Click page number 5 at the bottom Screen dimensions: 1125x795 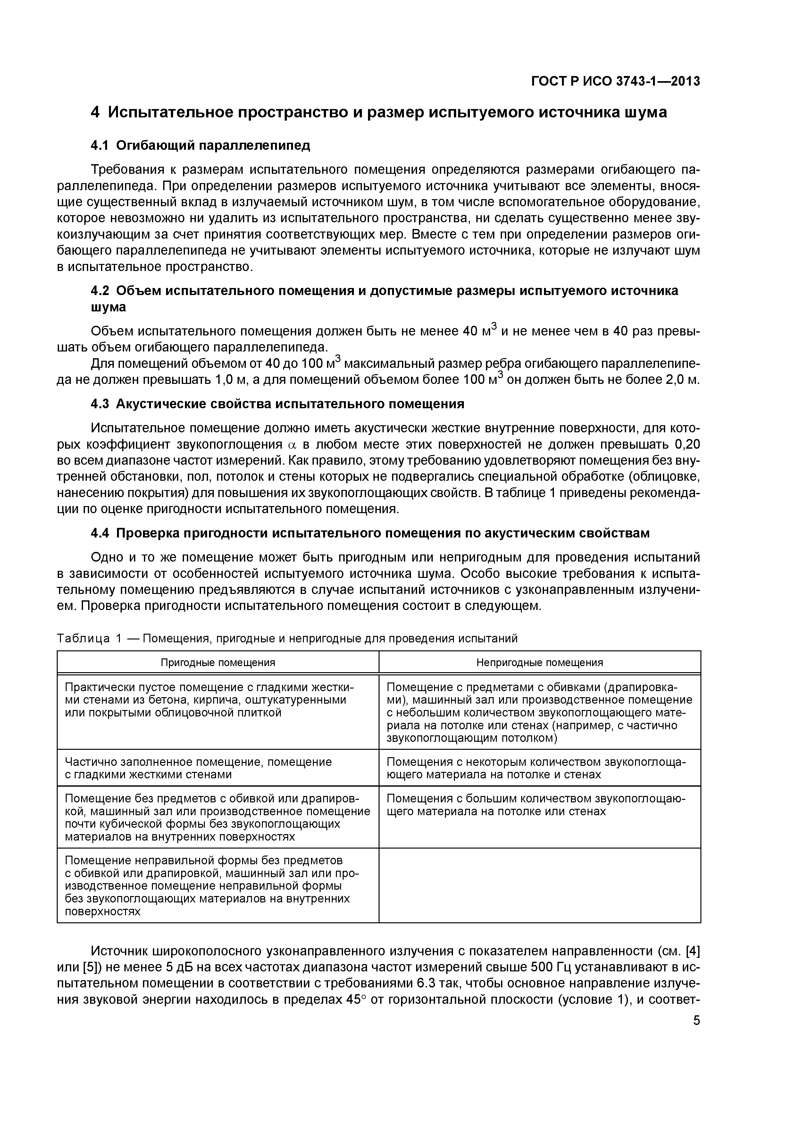click(696, 1021)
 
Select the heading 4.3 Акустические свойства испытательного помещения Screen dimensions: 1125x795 click(277, 404)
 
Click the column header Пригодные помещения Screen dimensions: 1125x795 click(218, 663)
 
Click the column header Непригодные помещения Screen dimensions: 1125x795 click(540, 663)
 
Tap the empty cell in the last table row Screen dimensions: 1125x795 click(540, 885)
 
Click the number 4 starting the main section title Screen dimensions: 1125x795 click(96, 112)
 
